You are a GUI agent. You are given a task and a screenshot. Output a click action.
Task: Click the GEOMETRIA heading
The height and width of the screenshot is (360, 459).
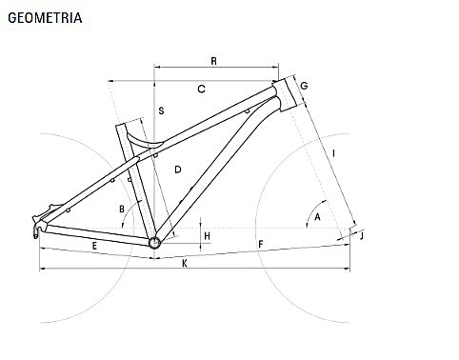coord(45,18)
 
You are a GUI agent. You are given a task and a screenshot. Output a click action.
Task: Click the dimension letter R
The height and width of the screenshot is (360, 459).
coord(214,61)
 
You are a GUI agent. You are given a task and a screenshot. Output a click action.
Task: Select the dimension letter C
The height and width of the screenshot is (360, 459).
coord(201,90)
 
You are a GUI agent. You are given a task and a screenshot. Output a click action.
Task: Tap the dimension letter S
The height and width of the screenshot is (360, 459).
coord(161,110)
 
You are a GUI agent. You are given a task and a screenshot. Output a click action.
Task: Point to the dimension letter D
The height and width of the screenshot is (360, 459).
coord(178,170)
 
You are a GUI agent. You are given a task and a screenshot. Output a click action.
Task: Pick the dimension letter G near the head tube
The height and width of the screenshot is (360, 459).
coord(304,86)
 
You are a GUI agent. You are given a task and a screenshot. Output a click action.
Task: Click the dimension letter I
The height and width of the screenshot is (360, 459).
coord(333,153)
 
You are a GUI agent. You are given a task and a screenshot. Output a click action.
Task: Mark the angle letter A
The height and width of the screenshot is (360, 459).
coord(317,217)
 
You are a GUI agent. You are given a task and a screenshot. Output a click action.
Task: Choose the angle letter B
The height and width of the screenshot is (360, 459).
coord(122,210)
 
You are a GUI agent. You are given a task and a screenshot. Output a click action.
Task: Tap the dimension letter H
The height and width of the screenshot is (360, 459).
coord(208,236)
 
